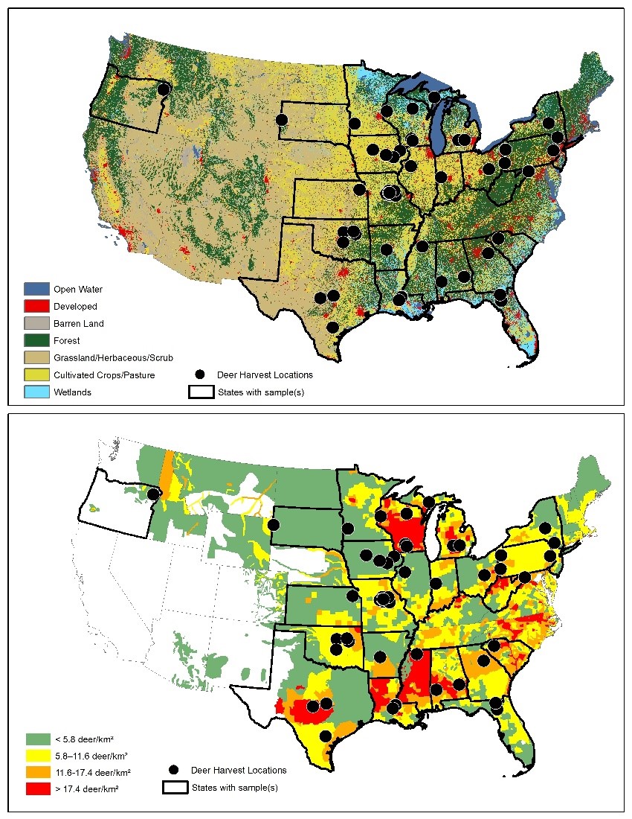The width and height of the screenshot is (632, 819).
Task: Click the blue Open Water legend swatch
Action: click(37, 289)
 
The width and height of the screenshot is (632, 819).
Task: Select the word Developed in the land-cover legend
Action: click(75, 306)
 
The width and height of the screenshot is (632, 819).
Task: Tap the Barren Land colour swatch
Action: click(37, 323)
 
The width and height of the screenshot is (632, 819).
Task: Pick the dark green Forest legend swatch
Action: click(37, 340)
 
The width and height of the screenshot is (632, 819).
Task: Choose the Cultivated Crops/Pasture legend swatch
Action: click(37, 375)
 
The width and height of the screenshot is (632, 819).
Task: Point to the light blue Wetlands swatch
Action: click(37, 392)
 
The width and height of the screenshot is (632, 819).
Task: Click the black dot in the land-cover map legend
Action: click(199, 375)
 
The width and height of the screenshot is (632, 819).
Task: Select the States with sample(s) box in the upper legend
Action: click(199, 392)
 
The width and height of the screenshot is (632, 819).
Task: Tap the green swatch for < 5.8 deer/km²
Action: click(37, 739)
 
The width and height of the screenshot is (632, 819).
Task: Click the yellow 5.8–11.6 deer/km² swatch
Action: click(37, 756)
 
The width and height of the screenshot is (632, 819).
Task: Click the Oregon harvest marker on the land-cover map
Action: click(164, 89)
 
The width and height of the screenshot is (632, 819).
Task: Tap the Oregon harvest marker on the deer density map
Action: click(153, 494)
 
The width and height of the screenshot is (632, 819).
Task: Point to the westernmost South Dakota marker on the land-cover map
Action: click(282, 119)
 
